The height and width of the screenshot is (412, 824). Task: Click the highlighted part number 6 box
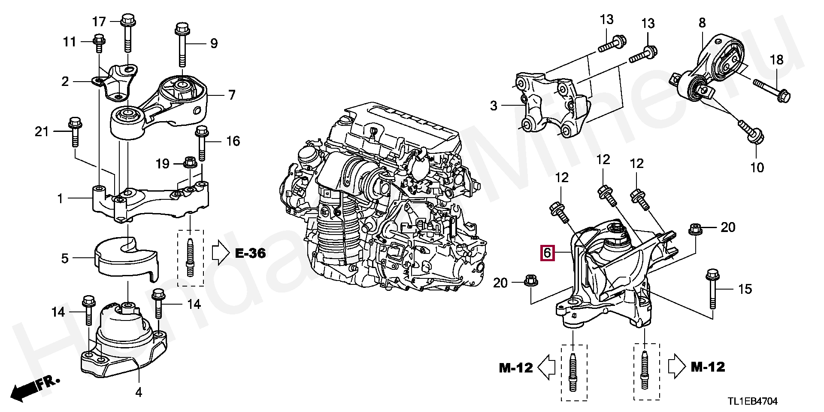(x=547, y=253)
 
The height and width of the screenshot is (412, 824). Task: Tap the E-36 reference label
(x=250, y=253)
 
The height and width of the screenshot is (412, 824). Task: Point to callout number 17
(x=99, y=21)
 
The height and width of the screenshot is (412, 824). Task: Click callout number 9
(x=213, y=43)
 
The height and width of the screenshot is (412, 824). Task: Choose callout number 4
(x=139, y=392)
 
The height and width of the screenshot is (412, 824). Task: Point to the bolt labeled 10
(x=751, y=133)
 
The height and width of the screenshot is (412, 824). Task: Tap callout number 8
(x=702, y=23)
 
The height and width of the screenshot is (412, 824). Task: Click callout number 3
(x=494, y=105)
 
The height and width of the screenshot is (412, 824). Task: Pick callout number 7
(x=232, y=95)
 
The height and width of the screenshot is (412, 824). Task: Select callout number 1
(x=60, y=198)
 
